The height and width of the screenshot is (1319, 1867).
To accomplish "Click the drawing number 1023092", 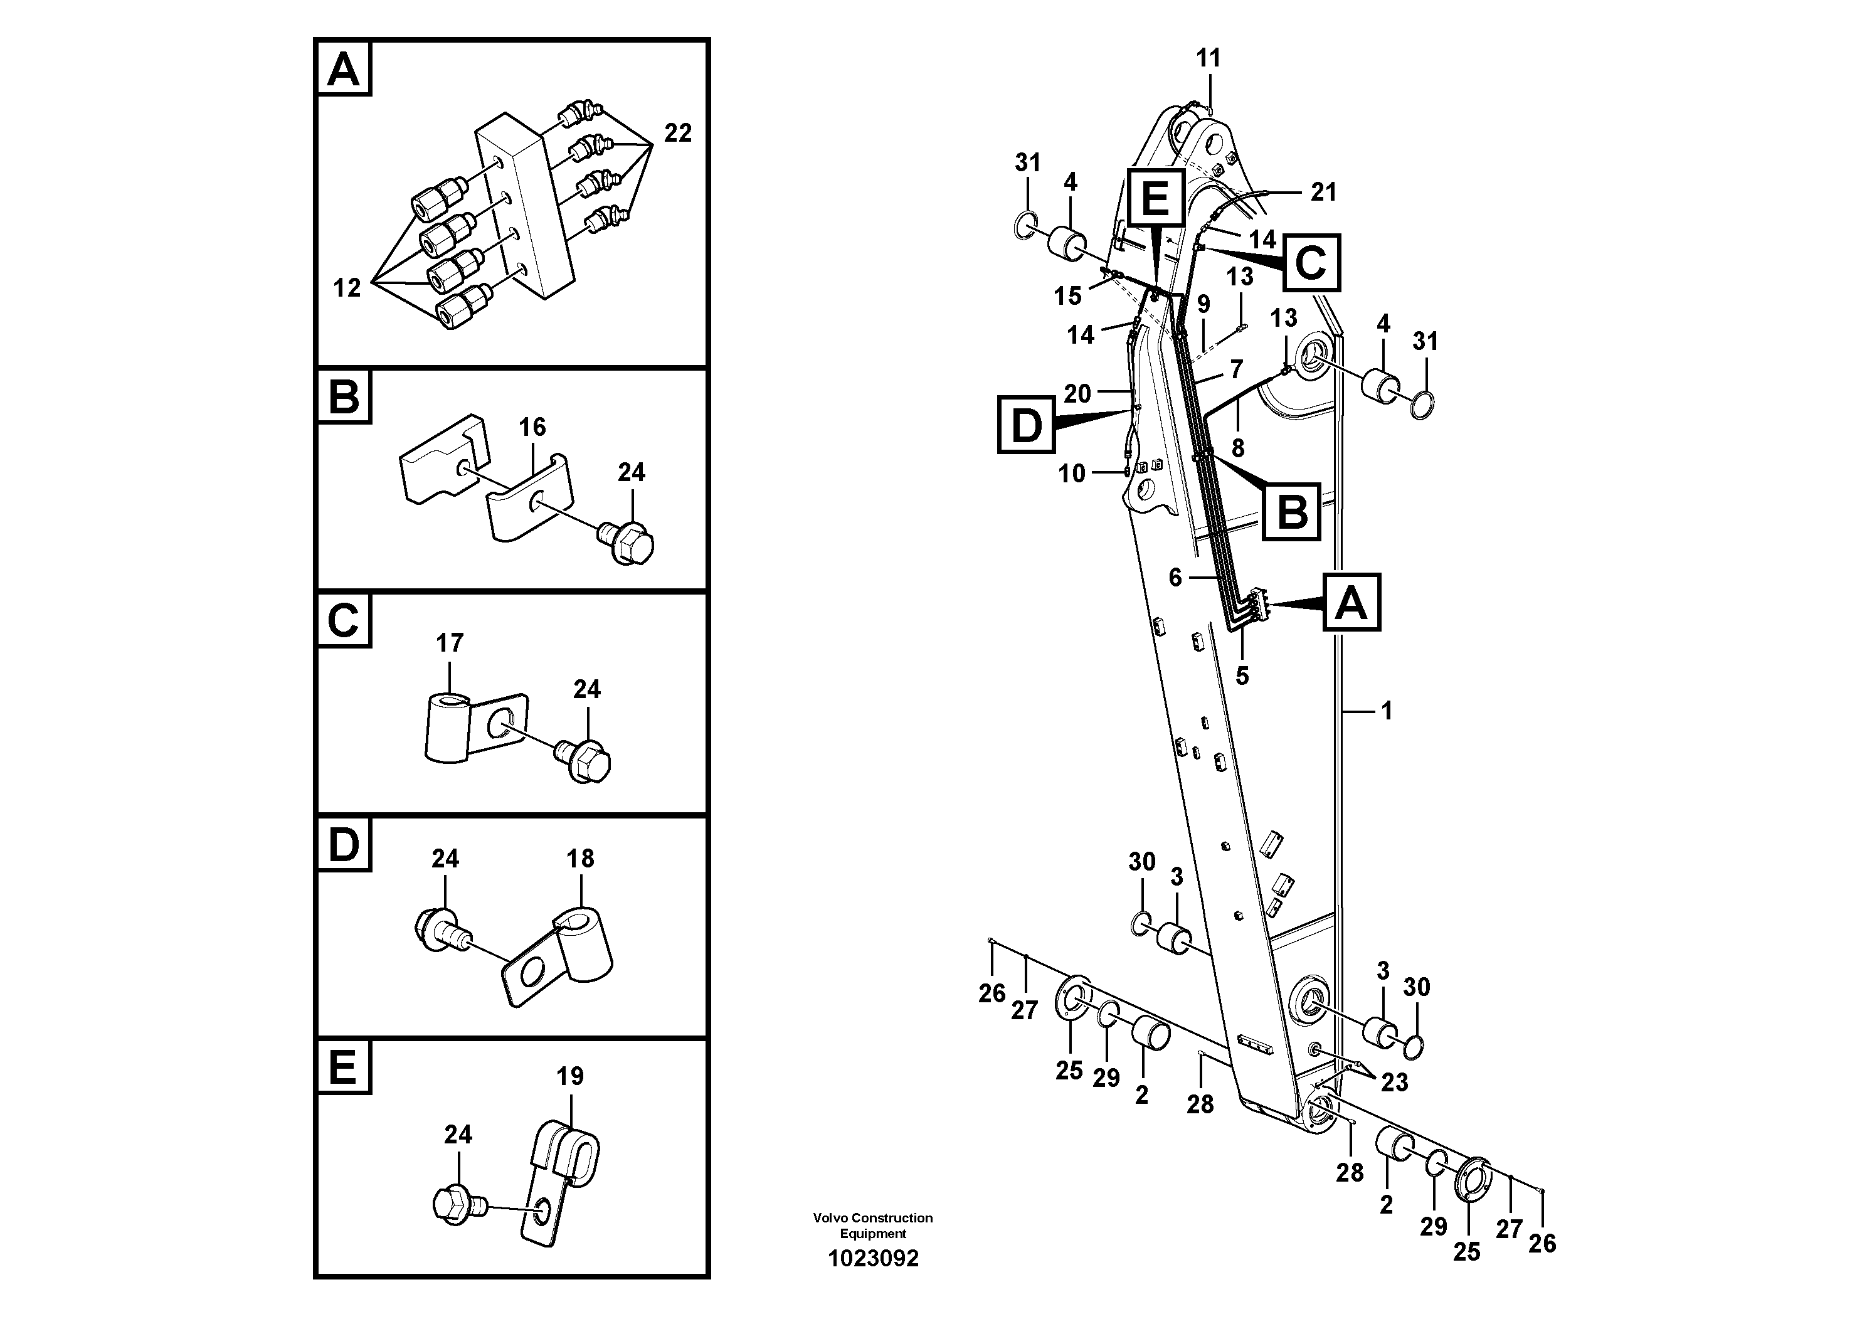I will pos(872,1259).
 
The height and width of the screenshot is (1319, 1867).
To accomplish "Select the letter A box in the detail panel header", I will pos(343,70).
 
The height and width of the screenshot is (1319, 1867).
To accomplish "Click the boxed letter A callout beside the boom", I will pos(1351,603).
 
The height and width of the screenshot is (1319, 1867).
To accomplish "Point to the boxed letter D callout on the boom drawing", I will pos(1026,425).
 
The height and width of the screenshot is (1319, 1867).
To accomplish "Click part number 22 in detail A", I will pos(677,132).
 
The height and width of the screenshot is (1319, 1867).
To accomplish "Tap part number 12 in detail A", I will pos(346,287).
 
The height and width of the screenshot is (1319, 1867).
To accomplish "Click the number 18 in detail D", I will pos(579,858).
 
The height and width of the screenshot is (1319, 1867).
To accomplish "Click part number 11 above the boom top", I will pos(1209,58).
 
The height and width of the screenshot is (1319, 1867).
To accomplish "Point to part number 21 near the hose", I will pos(1323,192).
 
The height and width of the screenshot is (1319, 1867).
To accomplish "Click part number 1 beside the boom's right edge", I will pos(1387,711).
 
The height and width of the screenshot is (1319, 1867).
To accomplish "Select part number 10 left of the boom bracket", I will pos(1071,474).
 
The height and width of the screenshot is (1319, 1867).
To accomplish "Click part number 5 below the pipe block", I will pos(1242,675).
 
